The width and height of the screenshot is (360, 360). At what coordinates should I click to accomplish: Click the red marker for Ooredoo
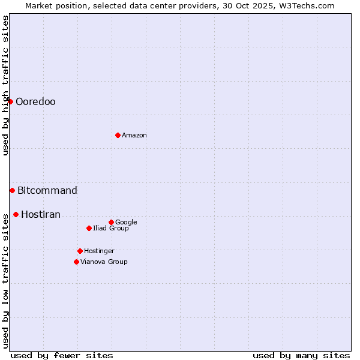pyautogui.click(x=10, y=101)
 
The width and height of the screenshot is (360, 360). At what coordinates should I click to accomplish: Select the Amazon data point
pyautogui.click(x=118, y=135)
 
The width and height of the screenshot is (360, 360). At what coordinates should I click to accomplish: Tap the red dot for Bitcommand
pyautogui.click(x=12, y=190)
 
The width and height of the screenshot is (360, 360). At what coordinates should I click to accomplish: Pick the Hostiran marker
pyautogui.click(x=16, y=214)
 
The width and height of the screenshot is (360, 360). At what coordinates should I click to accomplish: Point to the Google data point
pyautogui.click(x=111, y=222)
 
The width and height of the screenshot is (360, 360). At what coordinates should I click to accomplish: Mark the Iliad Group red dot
pyautogui.click(x=89, y=228)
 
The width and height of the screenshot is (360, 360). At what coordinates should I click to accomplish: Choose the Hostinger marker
pyautogui.click(x=80, y=251)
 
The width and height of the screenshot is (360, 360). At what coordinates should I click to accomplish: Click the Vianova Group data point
pyautogui.click(x=76, y=262)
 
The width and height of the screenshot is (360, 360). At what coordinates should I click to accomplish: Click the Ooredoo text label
pyautogui.click(x=35, y=102)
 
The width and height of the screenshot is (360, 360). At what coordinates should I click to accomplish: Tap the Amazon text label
pyautogui.click(x=134, y=136)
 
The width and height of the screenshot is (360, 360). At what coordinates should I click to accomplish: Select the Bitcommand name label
pyautogui.click(x=47, y=191)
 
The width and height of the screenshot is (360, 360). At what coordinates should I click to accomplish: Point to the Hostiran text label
pyautogui.click(x=41, y=215)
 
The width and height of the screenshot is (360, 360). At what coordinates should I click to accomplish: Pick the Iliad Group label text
pyautogui.click(x=111, y=229)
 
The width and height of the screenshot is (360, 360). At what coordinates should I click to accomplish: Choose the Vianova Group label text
pyautogui.click(x=104, y=262)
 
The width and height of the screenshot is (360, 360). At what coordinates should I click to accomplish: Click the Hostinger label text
pyautogui.click(x=99, y=251)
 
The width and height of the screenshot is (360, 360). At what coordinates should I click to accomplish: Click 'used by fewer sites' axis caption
pyautogui.click(x=62, y=355)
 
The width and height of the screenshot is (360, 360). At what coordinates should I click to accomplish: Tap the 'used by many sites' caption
pyautogui.click(x=301, y=355)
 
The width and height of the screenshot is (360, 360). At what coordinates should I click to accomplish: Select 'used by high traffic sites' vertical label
pyautogui.click(x=5, y=85)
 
